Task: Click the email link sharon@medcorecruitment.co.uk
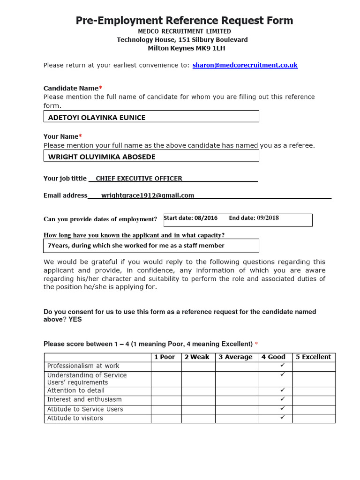245,65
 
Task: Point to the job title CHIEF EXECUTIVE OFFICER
139,178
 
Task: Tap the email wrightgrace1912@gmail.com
148,195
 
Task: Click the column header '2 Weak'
197,357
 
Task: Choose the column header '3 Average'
235,357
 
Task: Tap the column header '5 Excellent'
313,357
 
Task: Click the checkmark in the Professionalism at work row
282,365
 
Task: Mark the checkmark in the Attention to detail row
282,390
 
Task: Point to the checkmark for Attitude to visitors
282,417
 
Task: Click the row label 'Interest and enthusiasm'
84,399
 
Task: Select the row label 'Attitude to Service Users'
85,409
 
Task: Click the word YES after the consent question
75,320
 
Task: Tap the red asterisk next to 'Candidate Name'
100,88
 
